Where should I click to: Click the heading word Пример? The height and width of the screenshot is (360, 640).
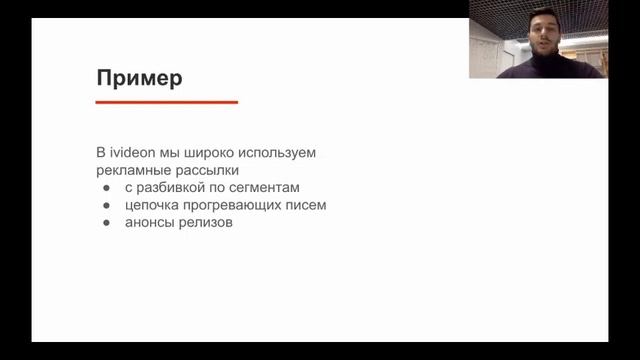(139, 78)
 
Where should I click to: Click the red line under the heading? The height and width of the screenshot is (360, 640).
(166, 102)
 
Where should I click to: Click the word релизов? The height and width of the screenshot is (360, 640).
(206, 222)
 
